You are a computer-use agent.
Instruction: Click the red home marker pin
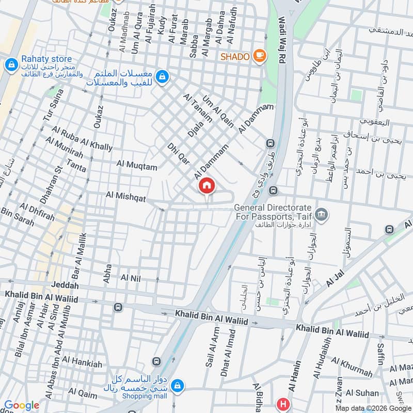pos(206,186)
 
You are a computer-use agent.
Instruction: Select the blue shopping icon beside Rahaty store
pos(10,65)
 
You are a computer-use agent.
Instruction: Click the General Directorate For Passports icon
pos(322,214)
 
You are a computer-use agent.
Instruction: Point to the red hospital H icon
pos(282,403)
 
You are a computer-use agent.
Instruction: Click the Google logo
pos(22,406)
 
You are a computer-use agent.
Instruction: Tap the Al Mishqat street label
pos(126,197)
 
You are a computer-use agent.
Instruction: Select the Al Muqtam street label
pos(136,164)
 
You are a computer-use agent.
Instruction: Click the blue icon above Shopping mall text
pos(177,385)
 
